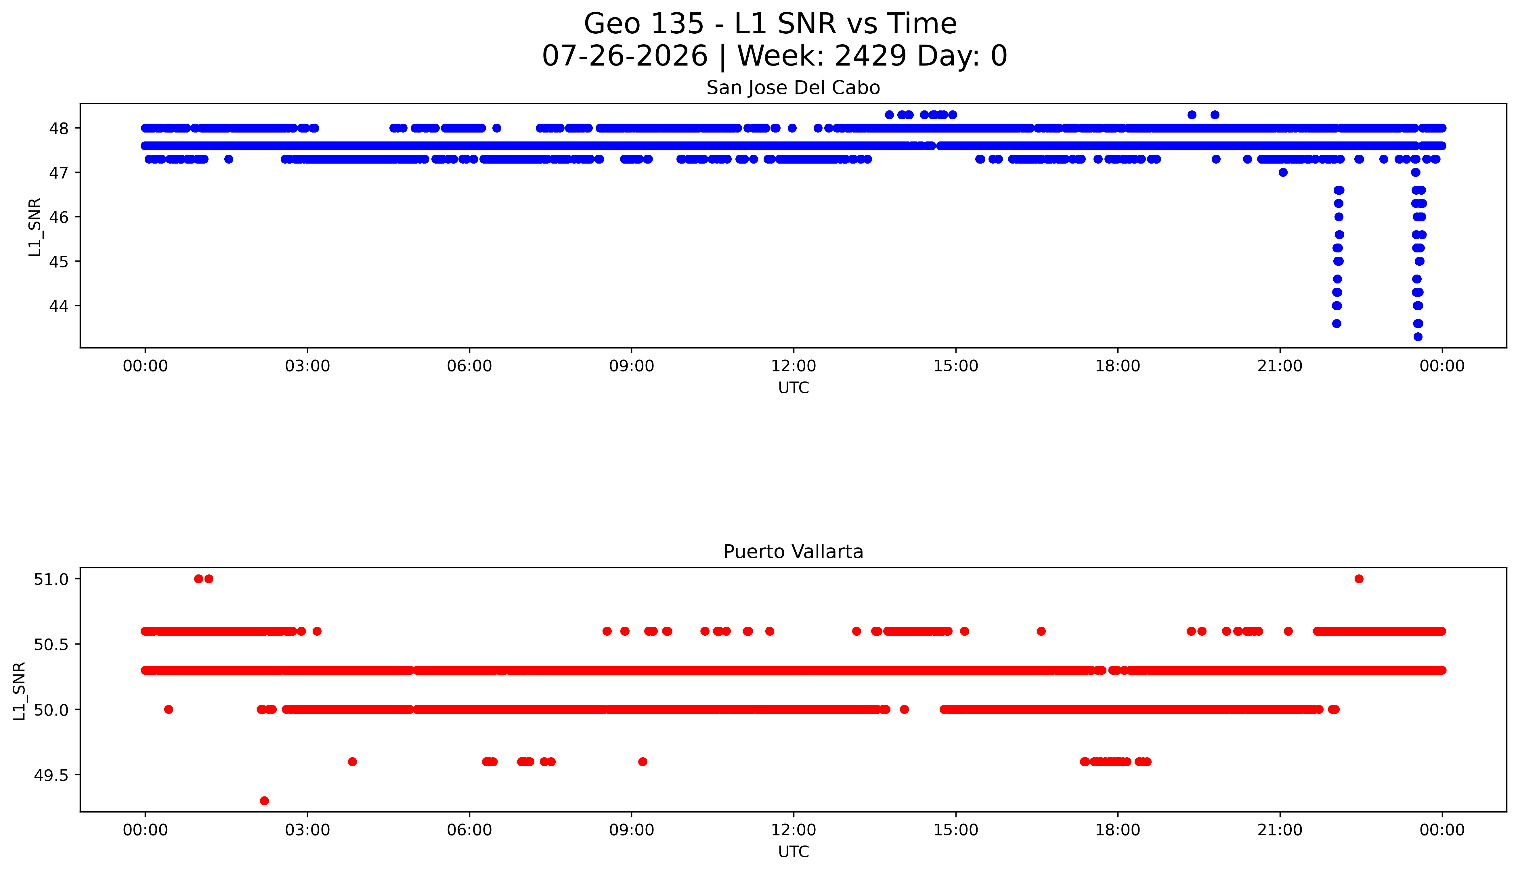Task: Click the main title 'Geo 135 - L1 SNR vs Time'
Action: tap(771, 24)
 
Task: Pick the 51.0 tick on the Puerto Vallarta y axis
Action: tap(51, 579)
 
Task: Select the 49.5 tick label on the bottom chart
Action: tap(51, 775)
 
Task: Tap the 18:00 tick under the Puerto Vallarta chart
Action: tap(1118, 830)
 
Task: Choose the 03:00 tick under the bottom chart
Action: tap(307, 830)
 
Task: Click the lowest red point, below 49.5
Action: tap(264, 801)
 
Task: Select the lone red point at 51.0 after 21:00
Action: tap(1359, 578)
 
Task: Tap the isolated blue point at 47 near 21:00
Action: tap(1282, 173)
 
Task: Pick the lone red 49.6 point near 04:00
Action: tap(352, 762)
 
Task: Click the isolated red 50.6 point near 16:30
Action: tap(1041, 631)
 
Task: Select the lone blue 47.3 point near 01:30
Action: tap(228, 159)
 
